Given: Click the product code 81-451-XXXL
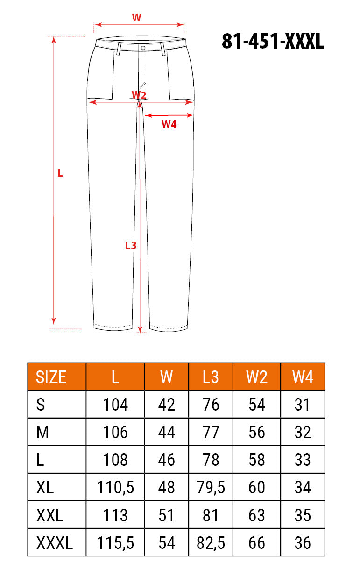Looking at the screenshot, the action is (x=273, y=41).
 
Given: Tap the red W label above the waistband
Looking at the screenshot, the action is (x=136, y=17).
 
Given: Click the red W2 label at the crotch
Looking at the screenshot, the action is (x=139, y=94).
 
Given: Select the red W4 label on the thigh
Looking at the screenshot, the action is (x=169, y=124).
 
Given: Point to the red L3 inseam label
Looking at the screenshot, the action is (x=131, y=245).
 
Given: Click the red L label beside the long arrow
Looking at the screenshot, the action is (x=60, y=173).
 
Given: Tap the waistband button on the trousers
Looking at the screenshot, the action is (x=143, y=48).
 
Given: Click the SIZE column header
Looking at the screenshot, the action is (x=51, y=377).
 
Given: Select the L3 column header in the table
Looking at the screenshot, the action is (x=211, y=377).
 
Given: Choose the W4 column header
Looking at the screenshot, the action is (x=303, y=377).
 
